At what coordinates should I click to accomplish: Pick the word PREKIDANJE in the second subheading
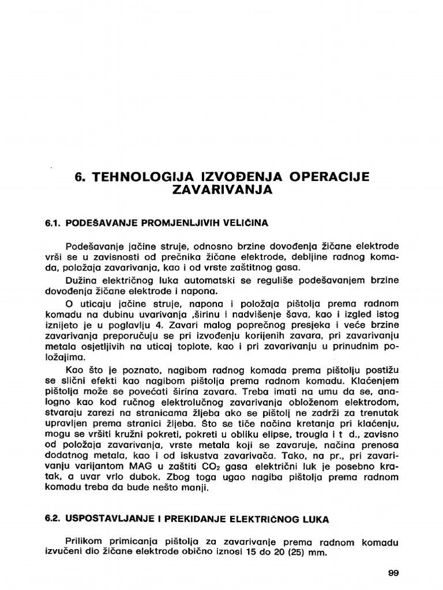click(x=193, y=519)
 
